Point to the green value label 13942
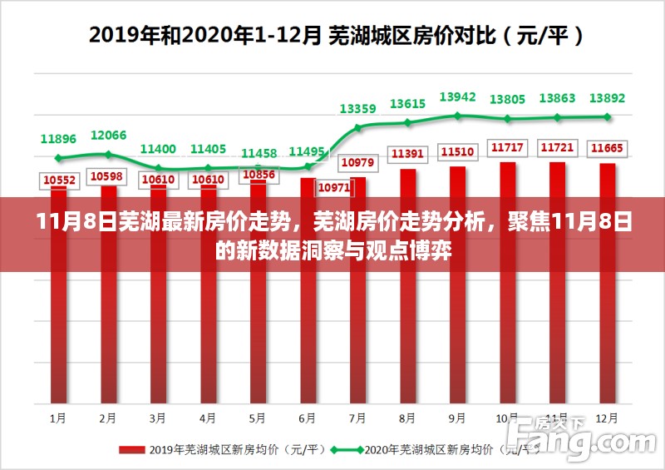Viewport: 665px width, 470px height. click(x=457, y=97)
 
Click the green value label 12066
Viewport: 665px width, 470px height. click(x=108, y=135)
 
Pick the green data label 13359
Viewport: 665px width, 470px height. click(x=357, y=108)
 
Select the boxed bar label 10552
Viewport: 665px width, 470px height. click(x=59, y=180)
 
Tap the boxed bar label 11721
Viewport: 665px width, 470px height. click(x=557, y=148)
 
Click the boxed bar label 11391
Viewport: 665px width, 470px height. click(x=407, y=154)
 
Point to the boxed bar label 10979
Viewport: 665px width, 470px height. click(x=357, y=161)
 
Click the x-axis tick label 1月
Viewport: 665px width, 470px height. click(x=58, y=417)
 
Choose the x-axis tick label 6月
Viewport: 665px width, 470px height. click(x=308, y=417)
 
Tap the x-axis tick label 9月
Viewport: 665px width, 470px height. click(x=457, y=417)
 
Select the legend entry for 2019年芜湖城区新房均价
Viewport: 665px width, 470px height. click(x=220, y=450)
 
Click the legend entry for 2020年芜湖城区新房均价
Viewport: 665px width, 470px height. click(x=416, y=450)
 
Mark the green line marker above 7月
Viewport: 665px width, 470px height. click(x=358, y=128)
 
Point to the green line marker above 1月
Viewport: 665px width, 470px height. click(x=58, y=158)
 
